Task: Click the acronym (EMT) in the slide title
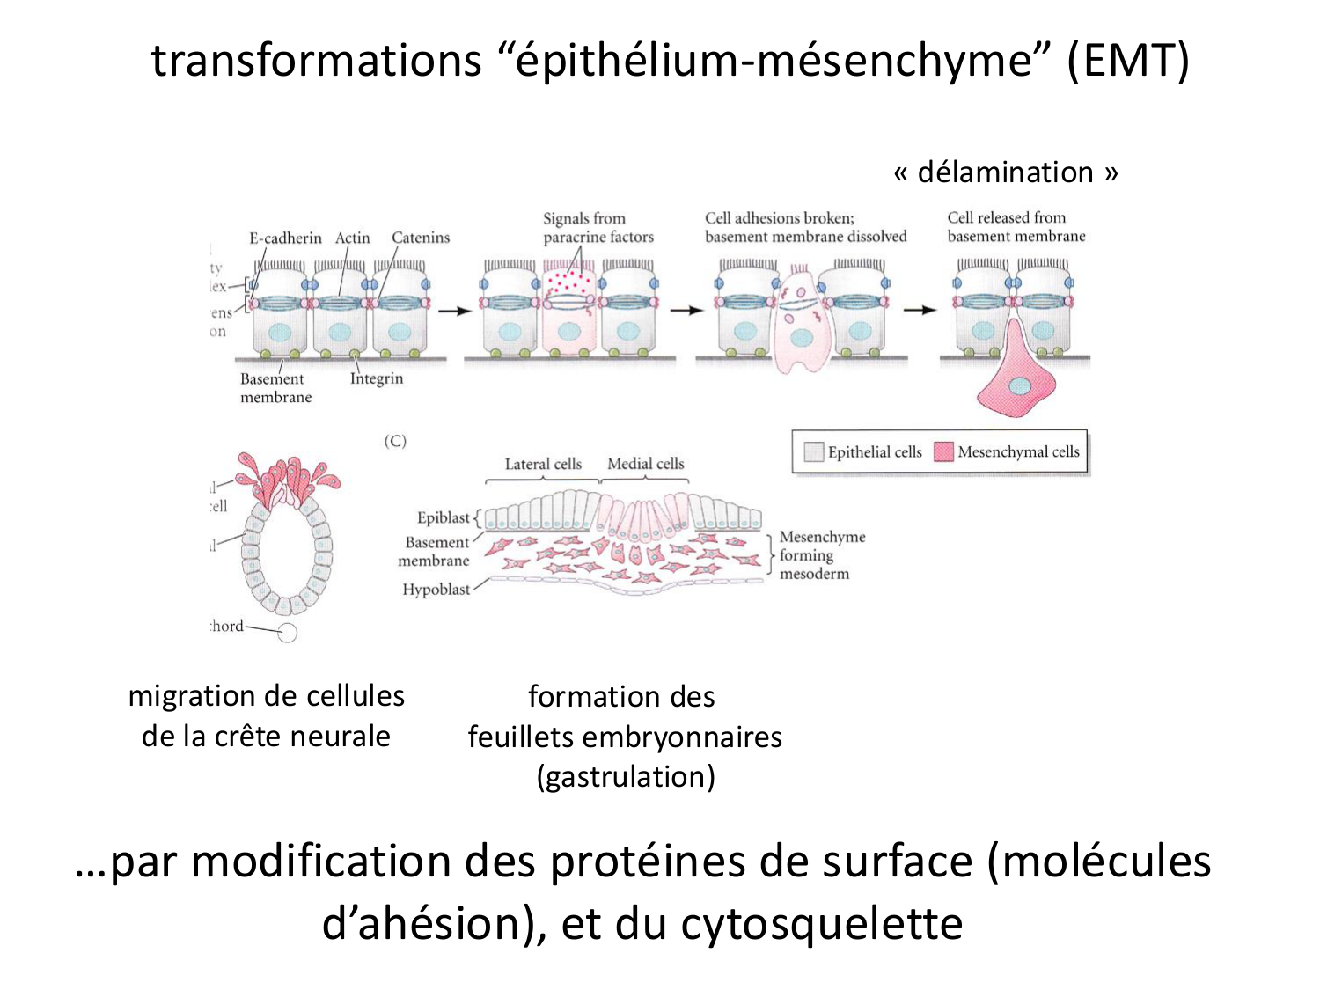pos(1128,61)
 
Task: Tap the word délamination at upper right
pos(1005,172)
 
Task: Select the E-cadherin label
pos(285,238)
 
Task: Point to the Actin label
pos(352,238)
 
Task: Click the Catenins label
pos(421,238)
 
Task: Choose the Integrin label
pos(377,378)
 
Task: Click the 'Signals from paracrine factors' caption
pos(598,227)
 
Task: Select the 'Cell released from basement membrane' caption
pos(1016,226)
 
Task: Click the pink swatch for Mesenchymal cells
pos(943,451)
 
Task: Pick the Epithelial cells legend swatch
pos(813,451)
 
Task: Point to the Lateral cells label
pos(543,464)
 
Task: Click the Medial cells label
pos(645,464)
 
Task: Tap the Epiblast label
pos(444,517)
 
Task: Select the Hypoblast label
pos(436,590)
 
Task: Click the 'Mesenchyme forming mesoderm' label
pos(821,554)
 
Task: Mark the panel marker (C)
pos(395,441)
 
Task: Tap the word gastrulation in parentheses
pos(626,777)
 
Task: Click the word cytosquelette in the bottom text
pos(822,923)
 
